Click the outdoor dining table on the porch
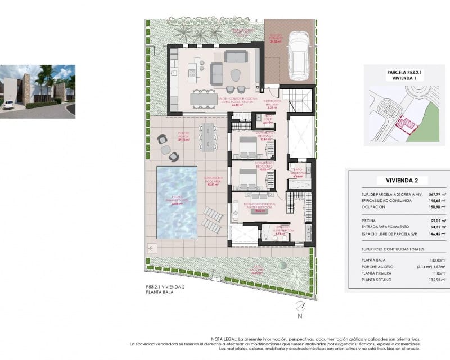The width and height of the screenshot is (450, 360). [x=208, y=135]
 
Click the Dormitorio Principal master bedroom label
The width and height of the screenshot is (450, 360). [x=260, y=206]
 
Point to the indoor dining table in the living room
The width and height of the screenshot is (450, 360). [x=203, y=100]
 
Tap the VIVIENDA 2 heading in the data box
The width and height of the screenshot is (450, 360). [x=402, y=181]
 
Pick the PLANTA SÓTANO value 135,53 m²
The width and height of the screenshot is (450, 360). [x=436, y=280]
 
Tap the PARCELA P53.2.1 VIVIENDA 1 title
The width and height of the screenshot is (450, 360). [x=404, y=75]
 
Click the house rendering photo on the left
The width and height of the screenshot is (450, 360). [x=37, y=90]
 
